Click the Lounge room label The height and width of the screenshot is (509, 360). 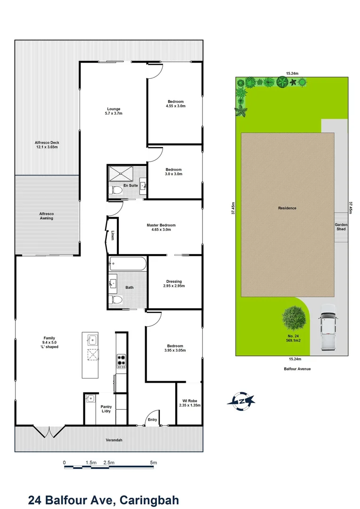pyautogui.click(x=114, y=111)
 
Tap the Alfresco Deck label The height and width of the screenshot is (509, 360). pyautogui.click(x=47, y=145)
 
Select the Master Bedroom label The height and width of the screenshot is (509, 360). pyautogui.click(x=161, y=227)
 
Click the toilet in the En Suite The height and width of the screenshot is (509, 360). pyautogui.click(x=115, y=190)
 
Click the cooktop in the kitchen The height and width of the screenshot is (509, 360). pyautogui.click(x=122, y=361)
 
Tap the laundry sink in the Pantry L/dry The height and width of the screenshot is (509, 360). pyautogui.click(x=90, y=398)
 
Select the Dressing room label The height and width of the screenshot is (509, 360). pyautogui.click(x=174, y=284)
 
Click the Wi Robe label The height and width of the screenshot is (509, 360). pyautogui.click(x=189, y=403)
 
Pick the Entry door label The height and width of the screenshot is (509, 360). pyautogui.click(x=153, y=419)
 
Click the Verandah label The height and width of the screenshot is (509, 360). pyautogui.click(x=114, y=440)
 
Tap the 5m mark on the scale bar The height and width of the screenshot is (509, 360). pyautogui.click(x=154, y=463)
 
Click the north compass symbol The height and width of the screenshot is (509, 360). pyautogui.click(x=241, y=401)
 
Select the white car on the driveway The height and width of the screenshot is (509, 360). pyautogui.click(x=327, y=328)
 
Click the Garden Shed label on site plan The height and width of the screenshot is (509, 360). pyautogui.click(x=341, y=227)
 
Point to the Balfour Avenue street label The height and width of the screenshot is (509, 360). pyautogui.click(x=297, y=369)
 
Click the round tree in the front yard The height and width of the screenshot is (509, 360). pyautogui.click(x=294, y=318)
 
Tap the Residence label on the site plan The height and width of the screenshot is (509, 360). pyautogui.click(x=287, y=208)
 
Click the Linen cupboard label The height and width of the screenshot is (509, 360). pyautogui.click(x=112, y=235)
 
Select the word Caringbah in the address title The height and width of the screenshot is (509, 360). pyautogui.click(x=149, y=500)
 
